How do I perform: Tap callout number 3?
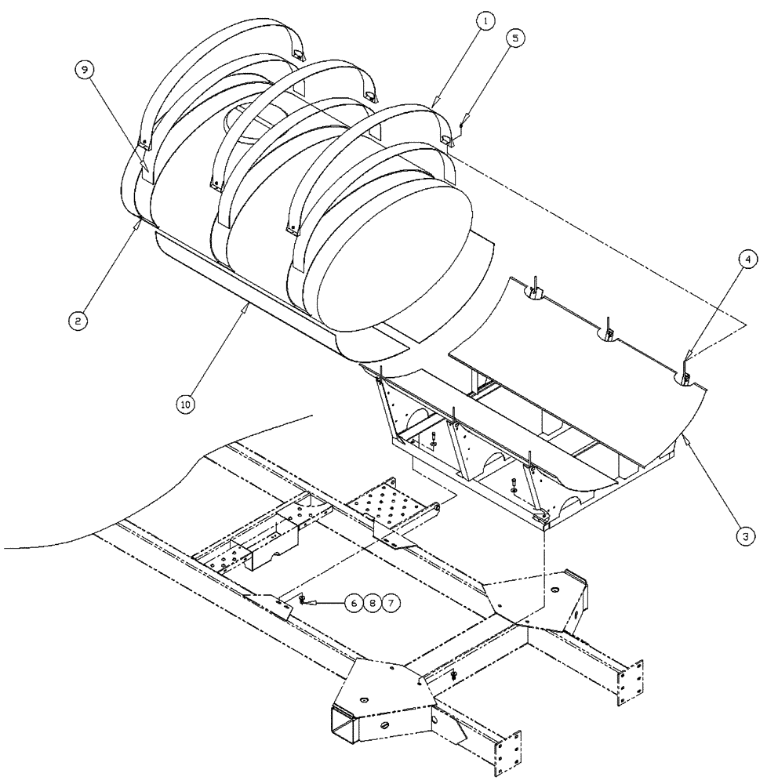746,537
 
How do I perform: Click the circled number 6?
354,604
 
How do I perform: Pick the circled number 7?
391,604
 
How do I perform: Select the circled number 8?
373,604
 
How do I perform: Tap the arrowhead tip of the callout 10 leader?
249,303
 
